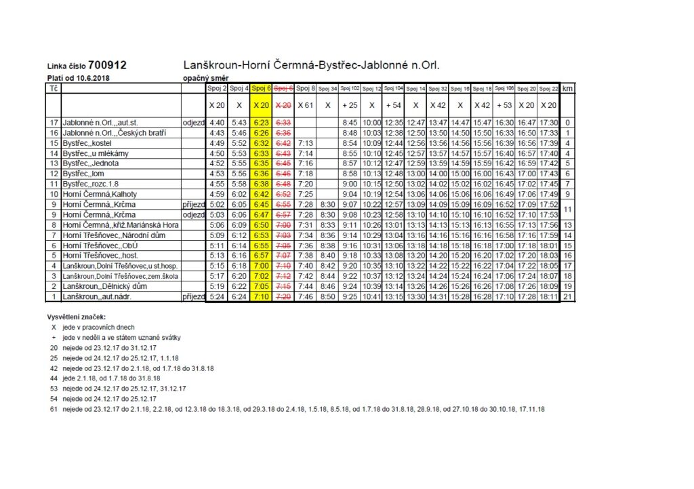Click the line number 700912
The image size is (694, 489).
click(x=107, y=66)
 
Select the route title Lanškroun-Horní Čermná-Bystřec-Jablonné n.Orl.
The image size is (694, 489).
click(x=311, y=66)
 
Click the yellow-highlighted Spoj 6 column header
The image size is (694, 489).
click(x=261, y=88)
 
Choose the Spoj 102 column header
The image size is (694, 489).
click(x=350, y=88)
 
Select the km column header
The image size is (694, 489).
click(x=567, y=88)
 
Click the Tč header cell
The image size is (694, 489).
click(x=53, y=88)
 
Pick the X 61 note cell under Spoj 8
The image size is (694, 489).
click(x=306, y=105)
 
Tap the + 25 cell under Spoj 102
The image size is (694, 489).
click(x=350, y=105)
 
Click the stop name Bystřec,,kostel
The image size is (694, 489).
click(x=87, y=144)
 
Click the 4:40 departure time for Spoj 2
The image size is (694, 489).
click(x=217, y=123)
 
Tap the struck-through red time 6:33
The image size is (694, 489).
click(x=283, y=123)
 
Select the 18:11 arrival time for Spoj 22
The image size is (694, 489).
click(x=549, y=296)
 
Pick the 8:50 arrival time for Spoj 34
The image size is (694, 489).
click(x=328, y=296)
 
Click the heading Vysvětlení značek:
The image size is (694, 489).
click(x=76, y=317)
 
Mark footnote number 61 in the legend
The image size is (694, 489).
click(x=54, y=410)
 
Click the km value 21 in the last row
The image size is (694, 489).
click(x=567, y=296)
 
